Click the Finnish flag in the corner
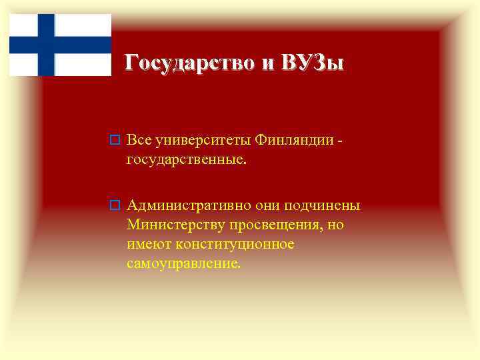60,45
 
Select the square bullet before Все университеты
114,141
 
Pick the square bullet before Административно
114,204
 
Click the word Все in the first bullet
140,140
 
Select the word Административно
193,204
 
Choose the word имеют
145,244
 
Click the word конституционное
230,244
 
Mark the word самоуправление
183,264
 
